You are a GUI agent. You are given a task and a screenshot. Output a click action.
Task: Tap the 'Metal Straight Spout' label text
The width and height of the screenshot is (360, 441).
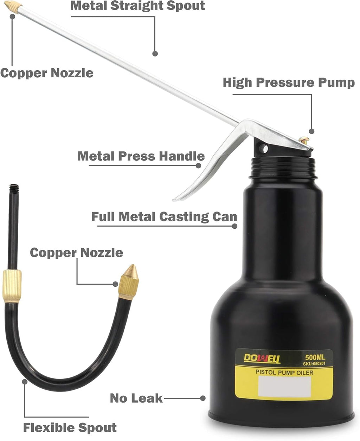tap(137, 6)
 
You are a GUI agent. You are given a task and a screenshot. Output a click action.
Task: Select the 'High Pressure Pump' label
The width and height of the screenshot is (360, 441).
tap(289, 83)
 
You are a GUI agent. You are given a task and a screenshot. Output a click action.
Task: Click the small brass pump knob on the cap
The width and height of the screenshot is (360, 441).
tap(304, 140)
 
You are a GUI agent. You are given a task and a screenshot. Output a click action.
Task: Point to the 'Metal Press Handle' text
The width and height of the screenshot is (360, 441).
tap(141, 156)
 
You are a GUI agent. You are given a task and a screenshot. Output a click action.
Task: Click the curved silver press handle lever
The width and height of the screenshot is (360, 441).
tap(207, 169)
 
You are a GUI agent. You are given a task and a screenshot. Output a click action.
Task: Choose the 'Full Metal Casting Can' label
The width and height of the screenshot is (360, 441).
tap(164, 216)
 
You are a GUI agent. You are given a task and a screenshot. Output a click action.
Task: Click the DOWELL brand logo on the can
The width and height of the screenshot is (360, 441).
tap(262, 358)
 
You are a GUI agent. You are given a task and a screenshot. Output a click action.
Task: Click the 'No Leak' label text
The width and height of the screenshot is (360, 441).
tap(136, 398)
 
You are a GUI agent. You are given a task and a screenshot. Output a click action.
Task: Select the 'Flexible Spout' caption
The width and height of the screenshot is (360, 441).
tap(70, 428)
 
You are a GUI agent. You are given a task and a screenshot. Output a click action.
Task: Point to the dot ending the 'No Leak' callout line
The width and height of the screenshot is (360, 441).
tap(202, 398)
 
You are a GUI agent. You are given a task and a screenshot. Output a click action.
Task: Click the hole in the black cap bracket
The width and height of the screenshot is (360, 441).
tap(263, 148)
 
